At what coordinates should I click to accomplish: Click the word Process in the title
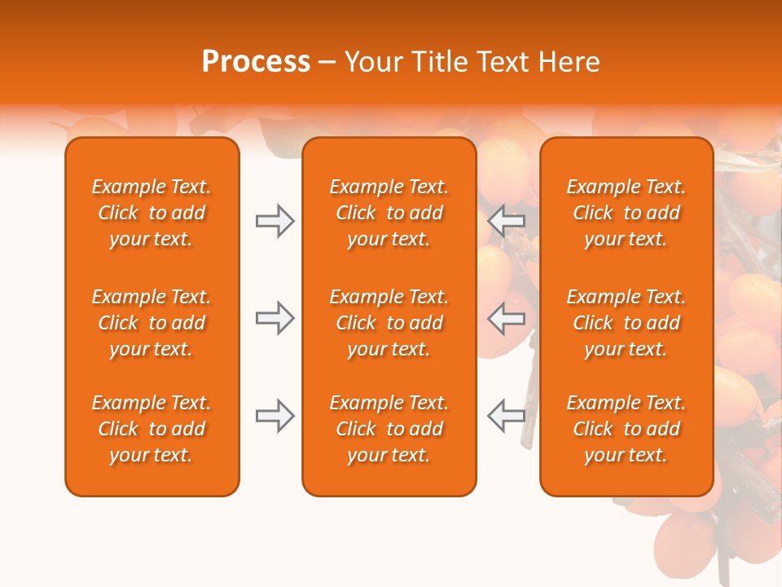[256, 62]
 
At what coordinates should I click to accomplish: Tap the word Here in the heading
[568, 62]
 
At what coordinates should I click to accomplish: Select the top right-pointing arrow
[275, 221]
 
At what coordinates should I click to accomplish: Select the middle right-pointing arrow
[275, 318]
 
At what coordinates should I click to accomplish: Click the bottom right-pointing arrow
[275, 416]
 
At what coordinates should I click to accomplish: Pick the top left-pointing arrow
[506, 221]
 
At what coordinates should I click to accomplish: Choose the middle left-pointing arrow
[506, 318]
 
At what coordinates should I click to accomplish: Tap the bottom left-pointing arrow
[506, 416]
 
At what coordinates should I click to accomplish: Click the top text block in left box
[152, 213]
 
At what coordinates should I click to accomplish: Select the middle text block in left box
[152, 323]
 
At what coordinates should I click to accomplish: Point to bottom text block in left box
[152, 429]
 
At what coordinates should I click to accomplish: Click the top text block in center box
[389, 213]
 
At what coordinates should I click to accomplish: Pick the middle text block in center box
[389, 323]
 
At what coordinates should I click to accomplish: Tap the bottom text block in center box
[389, 429]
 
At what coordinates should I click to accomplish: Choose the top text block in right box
[626, 213]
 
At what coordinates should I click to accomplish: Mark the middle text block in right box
[626, 323]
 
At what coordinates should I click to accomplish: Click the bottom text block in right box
[626, 429]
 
